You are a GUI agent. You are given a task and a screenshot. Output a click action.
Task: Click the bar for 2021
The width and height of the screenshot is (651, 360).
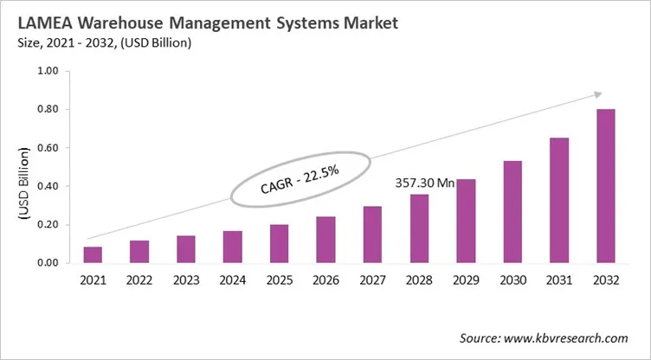click(93, 254)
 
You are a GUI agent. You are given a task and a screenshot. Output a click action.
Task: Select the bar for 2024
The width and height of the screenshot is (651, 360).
click(232, 247)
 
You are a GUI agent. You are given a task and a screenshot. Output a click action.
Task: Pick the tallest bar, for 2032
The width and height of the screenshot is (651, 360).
click(604, 186)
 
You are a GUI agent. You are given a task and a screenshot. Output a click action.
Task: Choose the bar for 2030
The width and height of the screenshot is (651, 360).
click(512, 212)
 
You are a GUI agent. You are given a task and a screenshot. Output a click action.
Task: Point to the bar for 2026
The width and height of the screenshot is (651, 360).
click(325, 240)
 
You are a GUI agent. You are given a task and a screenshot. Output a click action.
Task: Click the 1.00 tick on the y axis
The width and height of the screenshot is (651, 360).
click(48, 71)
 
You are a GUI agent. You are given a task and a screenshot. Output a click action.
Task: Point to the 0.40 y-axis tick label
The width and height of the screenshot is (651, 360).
click(48, 186)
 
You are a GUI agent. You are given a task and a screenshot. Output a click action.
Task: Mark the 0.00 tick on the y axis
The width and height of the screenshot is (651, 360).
click(48, 263)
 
